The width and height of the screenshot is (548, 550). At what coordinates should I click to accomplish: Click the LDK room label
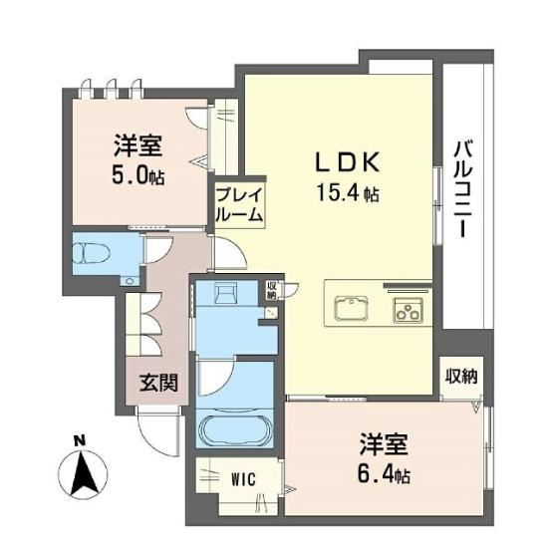tap(348, 162)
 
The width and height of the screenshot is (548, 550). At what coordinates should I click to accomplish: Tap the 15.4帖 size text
tap(348, 192)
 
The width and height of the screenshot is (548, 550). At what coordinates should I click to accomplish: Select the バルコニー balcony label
tap(463, 189)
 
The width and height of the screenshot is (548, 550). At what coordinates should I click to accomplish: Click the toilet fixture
tap(91, 252)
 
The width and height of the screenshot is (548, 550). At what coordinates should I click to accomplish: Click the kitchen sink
tap(351, 309)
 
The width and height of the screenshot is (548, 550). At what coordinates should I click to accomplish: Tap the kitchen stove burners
tap(408, 310)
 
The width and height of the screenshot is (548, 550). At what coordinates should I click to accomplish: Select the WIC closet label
tap(243, 479)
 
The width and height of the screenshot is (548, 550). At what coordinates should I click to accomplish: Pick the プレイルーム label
tap(239, 205)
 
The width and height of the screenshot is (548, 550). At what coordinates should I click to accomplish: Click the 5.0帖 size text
tap(137, 176)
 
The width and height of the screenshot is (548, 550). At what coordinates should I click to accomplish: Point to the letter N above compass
tap(81, 441)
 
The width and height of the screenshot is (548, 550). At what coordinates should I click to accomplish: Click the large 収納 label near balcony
tap(461, 377)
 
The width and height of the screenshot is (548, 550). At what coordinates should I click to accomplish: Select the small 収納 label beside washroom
tap(272, 290)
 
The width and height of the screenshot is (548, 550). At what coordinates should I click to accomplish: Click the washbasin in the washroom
tap(226, 293)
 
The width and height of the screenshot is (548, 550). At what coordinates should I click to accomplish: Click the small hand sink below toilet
tap(130, 281)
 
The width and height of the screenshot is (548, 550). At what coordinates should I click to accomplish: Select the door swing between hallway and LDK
tap(230, 253)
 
